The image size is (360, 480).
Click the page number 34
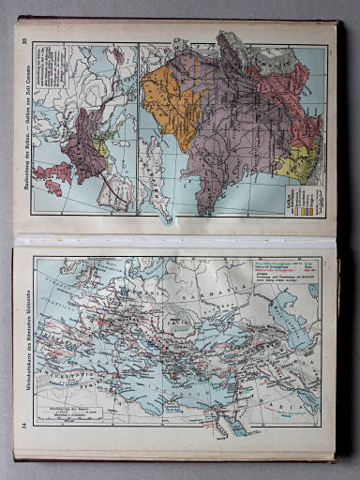pyautogui.click(x=24, y=427)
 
